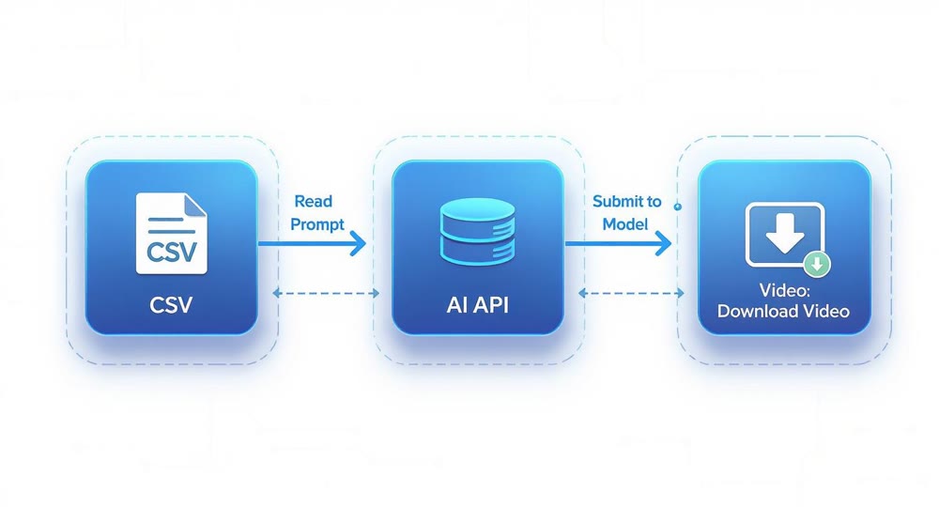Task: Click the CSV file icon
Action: [171, 232]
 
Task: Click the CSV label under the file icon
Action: [171, 305]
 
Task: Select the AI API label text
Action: [477, 306]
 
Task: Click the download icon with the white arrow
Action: [784, 234]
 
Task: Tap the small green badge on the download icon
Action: [817, 264]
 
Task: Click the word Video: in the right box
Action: [783, 292]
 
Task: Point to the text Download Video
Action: [783, 311]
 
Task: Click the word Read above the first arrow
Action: [313, 201]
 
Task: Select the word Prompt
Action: [318, 224]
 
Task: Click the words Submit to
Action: [626, 201]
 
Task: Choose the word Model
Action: [625, 224]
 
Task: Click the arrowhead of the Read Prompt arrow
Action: [358, 243]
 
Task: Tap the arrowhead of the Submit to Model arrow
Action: [664, 243]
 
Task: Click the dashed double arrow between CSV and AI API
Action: [325, 293]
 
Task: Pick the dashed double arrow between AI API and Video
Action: [631, 293]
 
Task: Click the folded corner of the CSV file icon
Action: [194, 204]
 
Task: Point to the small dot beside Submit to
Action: [678, 206]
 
